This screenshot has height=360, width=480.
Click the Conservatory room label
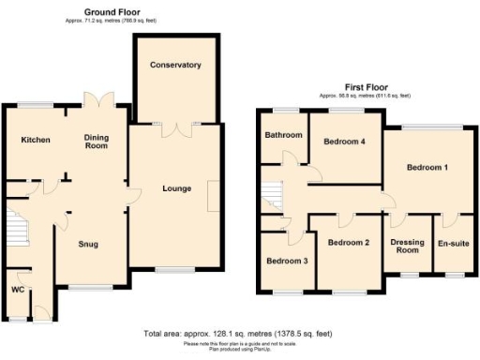(176, 66)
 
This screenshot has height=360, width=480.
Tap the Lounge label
(176, 188)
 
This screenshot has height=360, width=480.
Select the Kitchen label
(36, 140)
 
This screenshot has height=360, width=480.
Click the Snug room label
(88, 245)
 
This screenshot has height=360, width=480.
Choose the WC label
(16, 289)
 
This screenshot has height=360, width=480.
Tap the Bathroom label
(283, 135)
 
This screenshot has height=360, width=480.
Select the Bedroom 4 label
(345, 142)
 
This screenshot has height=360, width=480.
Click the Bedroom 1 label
(427, 167)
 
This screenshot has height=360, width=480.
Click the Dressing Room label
(407, 247)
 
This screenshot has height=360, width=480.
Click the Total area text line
(240, 334)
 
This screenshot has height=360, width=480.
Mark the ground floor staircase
(15, 228)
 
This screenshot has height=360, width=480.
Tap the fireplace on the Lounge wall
(214, 188)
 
